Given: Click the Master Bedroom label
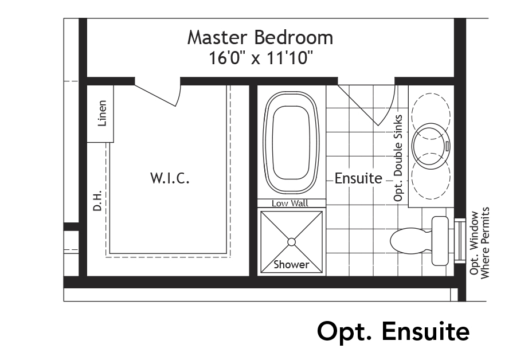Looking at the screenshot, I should tap(260, 38).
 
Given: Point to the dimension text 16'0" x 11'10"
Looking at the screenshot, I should tap(260, 58).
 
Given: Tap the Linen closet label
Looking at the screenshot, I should tap(102, 113).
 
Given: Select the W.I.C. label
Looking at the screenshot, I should tap(170, 178).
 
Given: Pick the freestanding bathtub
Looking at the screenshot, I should tap(291, 142).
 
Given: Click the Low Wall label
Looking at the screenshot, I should tap(290, 204).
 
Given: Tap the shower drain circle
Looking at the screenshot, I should tap(291, 242).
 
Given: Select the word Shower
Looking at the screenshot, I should tap(291, 264).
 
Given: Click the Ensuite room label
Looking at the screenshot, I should tap(358, 178).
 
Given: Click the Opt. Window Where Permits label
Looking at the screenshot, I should tap(479, 242).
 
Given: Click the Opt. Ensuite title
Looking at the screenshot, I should tap(393, 331).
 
